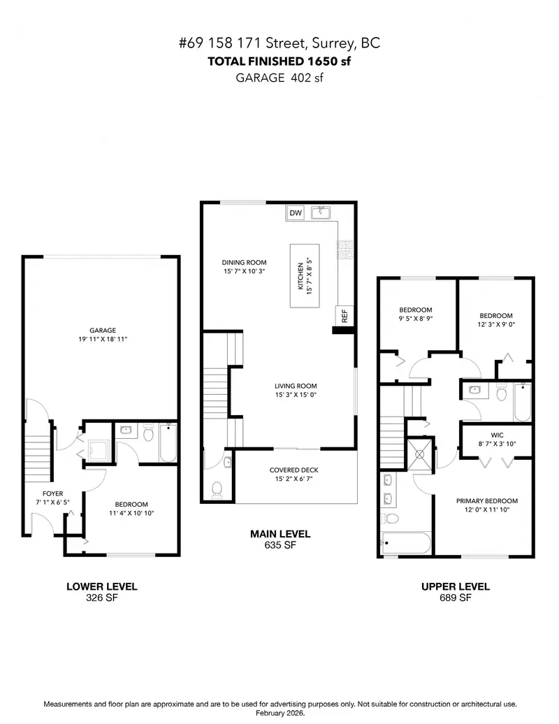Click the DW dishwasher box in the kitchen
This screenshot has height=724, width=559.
pos(296,212)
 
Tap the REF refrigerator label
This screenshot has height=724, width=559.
pos(344,316)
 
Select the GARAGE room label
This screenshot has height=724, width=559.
pos(102,331)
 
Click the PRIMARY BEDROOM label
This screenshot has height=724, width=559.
pos(487,500)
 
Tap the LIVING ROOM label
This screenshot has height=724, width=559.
pos(296,386)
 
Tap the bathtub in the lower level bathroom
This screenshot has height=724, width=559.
pos(168,442)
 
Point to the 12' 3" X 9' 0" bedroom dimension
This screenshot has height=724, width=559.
pos(495,324)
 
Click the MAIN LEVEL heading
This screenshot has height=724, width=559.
pos(280,534)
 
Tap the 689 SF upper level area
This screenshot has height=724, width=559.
pos(456,598)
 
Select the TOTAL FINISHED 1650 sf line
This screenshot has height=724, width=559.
pos(279,61)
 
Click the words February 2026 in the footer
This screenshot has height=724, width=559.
pos(279,714)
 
